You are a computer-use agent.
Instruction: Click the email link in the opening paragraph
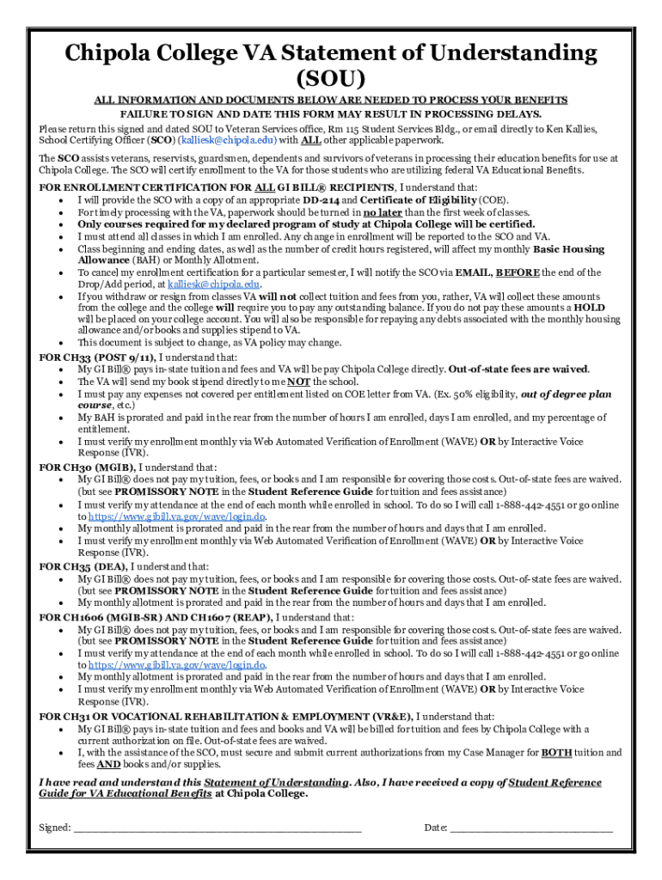[226, 140]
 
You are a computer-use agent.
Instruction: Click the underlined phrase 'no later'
[383, 212]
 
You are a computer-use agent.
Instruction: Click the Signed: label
[55, 828]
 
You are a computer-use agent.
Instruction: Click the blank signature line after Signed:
[217, 829]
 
